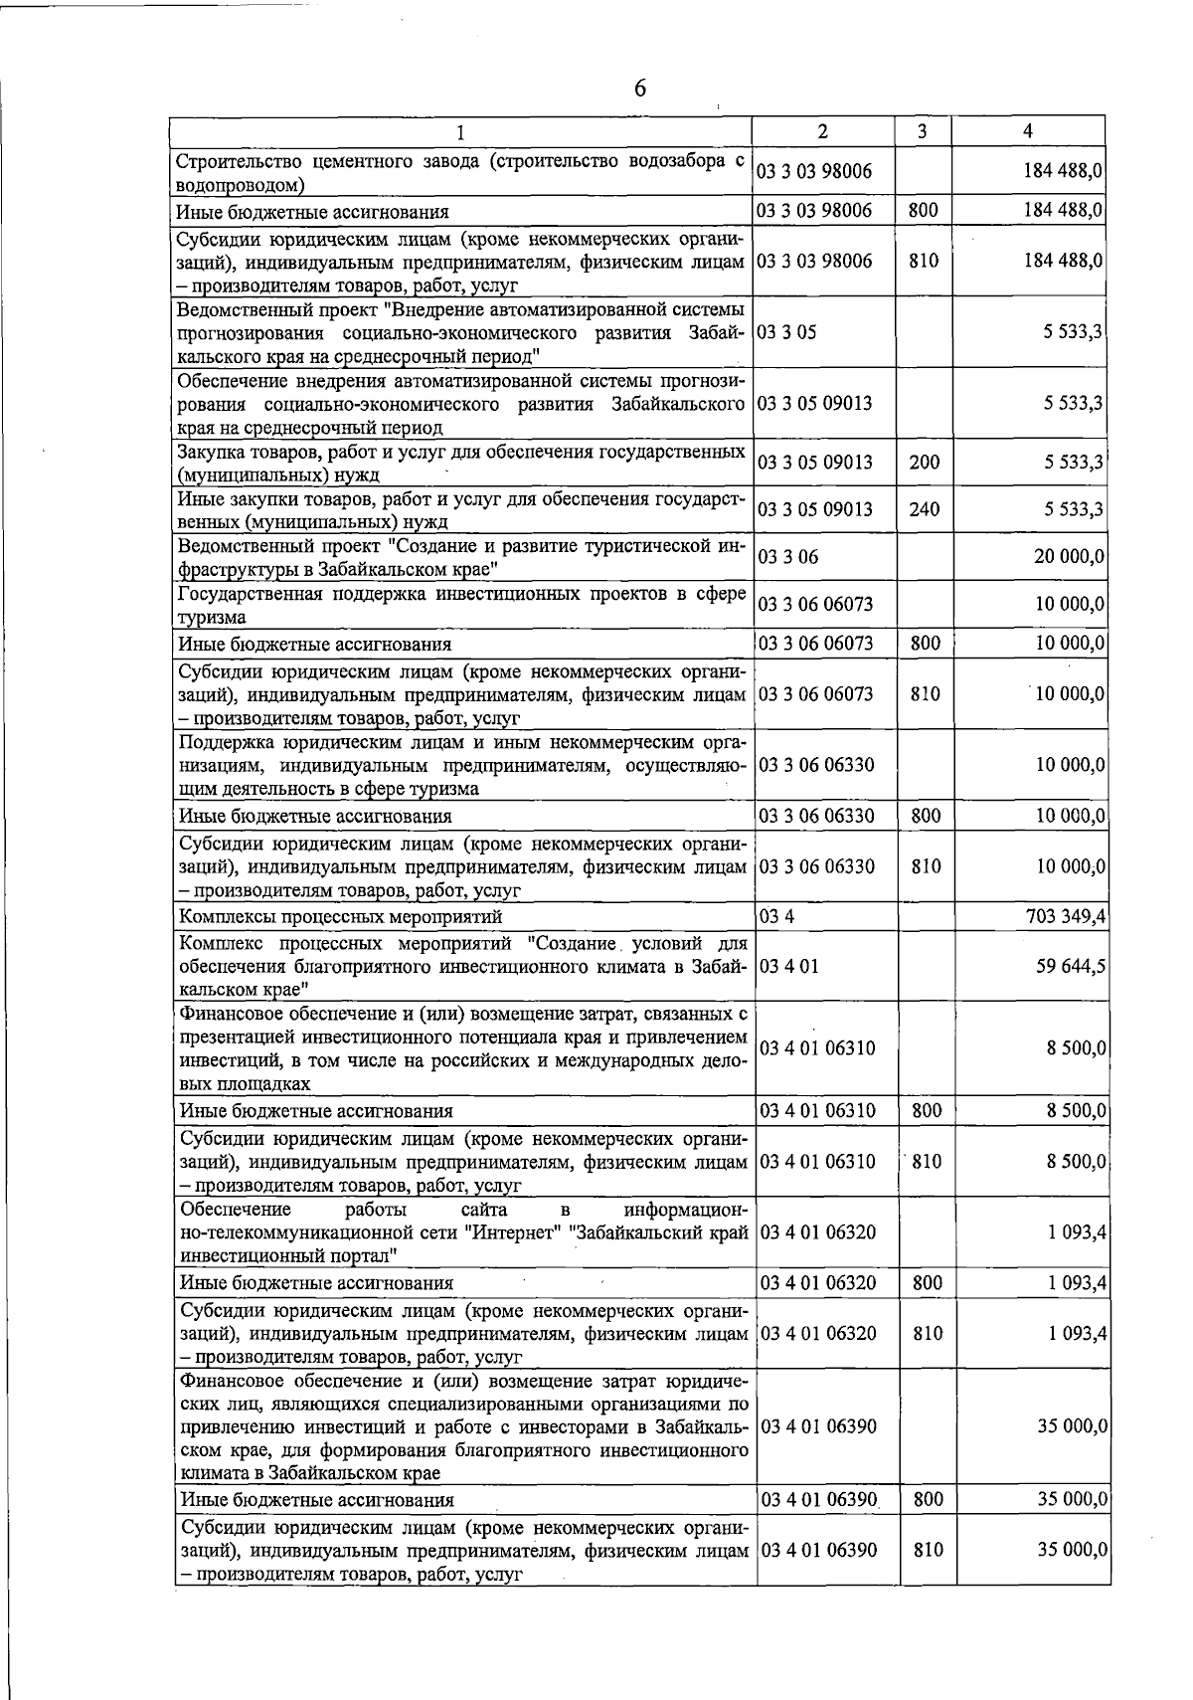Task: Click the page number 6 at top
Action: click(x=639, y=89)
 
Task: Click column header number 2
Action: click(x=822, y=131)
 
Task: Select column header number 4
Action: click(x=1027, y=131)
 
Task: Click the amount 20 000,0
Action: click(x=1070, y=557)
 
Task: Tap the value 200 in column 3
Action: click(x=925, y=463)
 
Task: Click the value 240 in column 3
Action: click(x=925, y=509)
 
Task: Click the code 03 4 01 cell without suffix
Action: click(x=789, y=965)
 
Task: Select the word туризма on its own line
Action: click(x=211, y=618)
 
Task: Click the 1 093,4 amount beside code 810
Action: click(x=1077, y=1333)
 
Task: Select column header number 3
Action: click(x=922, y=131)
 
